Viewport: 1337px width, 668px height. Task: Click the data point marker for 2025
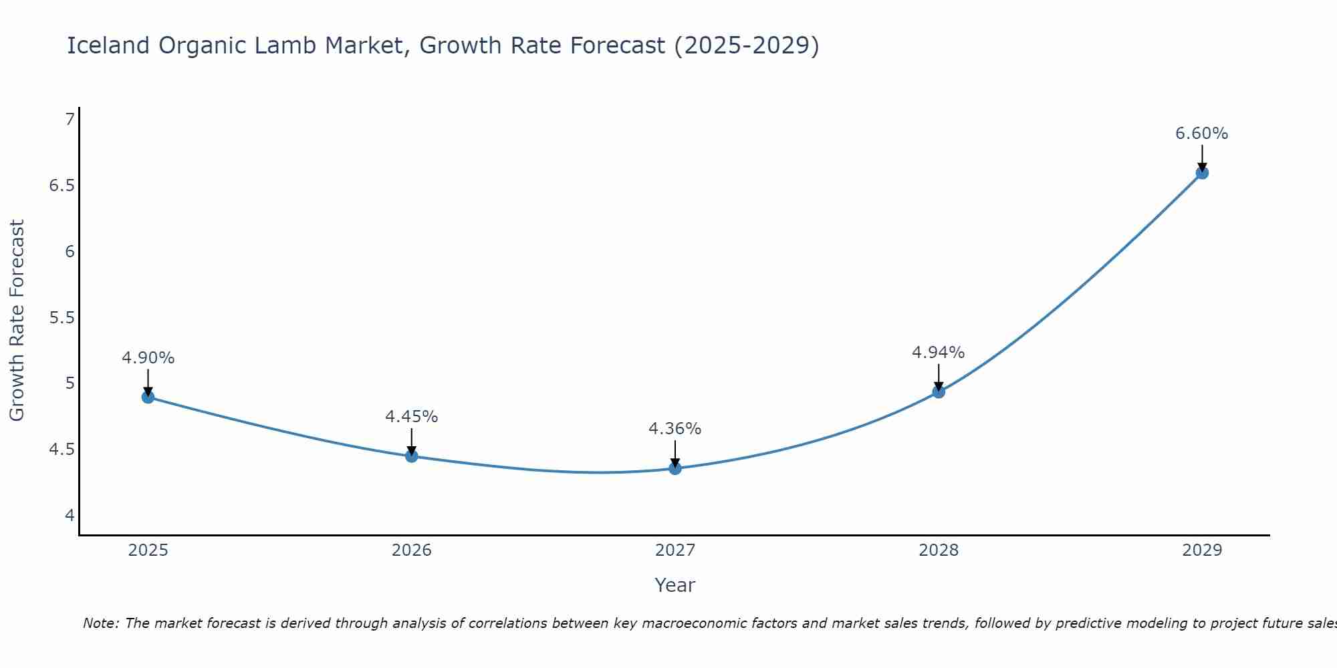pos(148,397)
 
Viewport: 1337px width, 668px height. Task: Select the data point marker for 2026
pos(412,456)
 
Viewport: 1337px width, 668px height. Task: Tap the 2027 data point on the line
pos(675,468)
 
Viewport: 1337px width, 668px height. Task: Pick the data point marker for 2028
pos(939,391)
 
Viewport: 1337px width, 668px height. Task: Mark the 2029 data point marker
pos(1202,173)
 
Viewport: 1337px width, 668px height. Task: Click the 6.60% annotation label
pos(1201,134)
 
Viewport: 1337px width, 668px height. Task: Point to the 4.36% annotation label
pos(675,429)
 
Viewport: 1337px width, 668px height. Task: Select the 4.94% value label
pos(938,352)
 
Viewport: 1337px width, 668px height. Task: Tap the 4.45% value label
pos(411,417)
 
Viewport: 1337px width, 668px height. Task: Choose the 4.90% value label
pos(148,358)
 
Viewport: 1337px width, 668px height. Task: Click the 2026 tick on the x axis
pos(412,550)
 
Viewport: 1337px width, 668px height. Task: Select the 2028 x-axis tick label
pos(939,550)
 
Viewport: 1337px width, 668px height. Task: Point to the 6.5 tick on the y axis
pos(62,186)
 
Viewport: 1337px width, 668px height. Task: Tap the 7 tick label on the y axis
pos(70,120)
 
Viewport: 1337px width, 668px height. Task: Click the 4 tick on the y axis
pos(70,515)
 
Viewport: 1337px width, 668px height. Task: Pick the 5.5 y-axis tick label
pos(62,317)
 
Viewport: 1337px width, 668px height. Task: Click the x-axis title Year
pos(675,585)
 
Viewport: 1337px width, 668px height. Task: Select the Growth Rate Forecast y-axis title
pos(17,321)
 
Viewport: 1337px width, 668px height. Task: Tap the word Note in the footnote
pos(100,623)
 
